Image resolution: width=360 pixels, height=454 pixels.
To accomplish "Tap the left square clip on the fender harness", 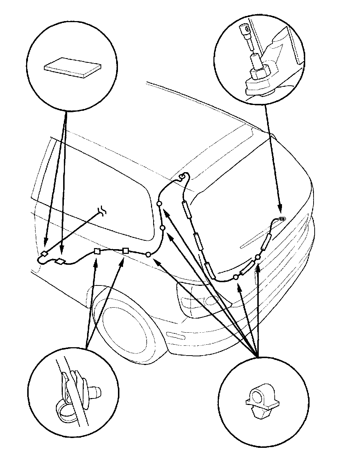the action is [97, 251].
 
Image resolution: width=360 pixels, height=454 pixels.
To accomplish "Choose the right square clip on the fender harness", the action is [125, 250].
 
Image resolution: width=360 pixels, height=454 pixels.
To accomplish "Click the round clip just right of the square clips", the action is [148, 255].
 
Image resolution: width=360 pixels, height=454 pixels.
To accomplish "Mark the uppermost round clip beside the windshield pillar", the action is [159, 204].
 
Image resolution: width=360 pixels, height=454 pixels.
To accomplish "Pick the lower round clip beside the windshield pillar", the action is [163, 228].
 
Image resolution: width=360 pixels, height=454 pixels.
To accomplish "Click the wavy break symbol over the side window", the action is [103, 211].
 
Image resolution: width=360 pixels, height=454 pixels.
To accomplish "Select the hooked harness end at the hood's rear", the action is [184, 177].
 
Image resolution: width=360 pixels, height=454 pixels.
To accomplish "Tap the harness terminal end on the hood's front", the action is [281, 218].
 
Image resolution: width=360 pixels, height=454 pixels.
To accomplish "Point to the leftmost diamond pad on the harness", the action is [44, 254].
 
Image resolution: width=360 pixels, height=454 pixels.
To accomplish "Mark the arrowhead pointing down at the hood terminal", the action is [280, 210].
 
